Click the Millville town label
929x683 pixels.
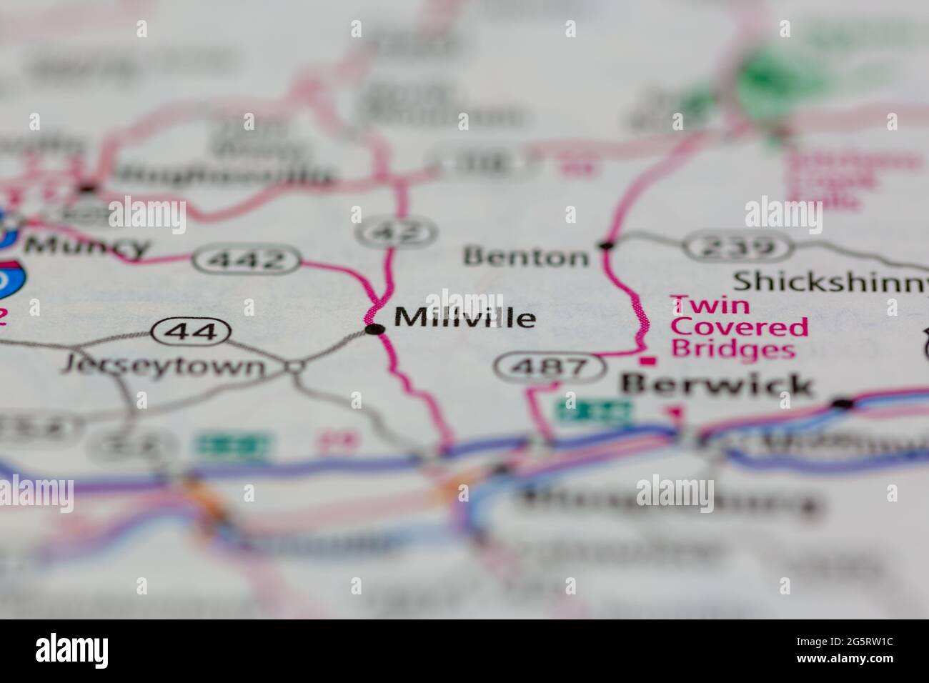coord(464,317)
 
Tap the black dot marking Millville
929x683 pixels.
coord(374,329)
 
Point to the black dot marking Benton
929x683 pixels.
coord(607,246)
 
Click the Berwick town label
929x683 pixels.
coord(717,385)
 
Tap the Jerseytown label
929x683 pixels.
coord(163,367)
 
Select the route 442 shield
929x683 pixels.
coord(247,260)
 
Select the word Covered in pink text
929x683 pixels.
coord(740,328)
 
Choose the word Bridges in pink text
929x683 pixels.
coord(732,350)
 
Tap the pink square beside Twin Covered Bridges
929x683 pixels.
coord(649,362)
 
